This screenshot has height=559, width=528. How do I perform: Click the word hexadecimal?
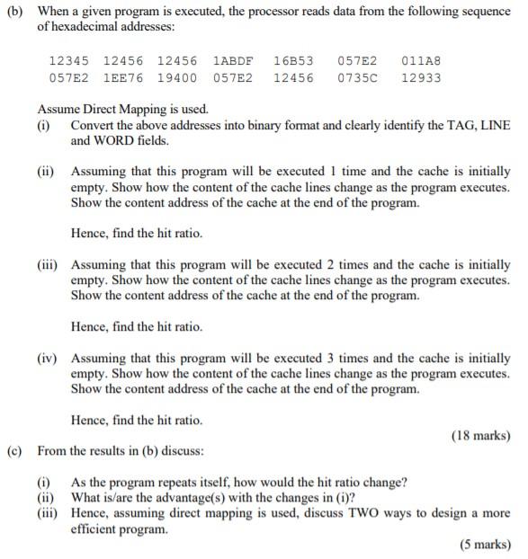click(x=87, y=28)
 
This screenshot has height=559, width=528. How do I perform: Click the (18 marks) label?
click(x=480, y=436)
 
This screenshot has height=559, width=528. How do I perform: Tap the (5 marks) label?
click(x=485, y=544)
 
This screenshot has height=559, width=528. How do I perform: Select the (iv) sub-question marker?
click(x=48, y=357)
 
